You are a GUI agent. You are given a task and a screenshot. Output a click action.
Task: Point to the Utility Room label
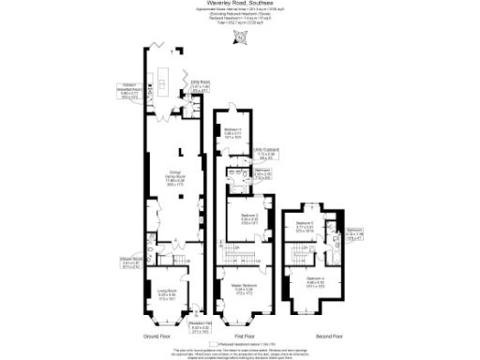click(201, 85)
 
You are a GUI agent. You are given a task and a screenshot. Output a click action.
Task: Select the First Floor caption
click(245, 336)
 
